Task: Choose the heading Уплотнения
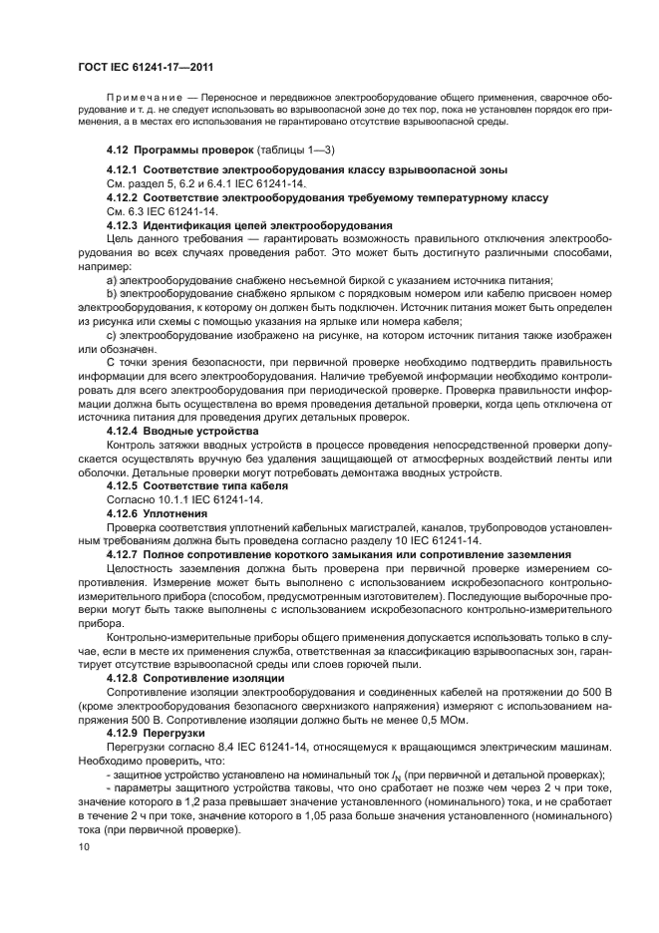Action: click(x=174, y=512)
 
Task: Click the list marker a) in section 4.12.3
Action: click(x=112, y=281)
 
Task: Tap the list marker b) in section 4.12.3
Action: click(x=112, y=295)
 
